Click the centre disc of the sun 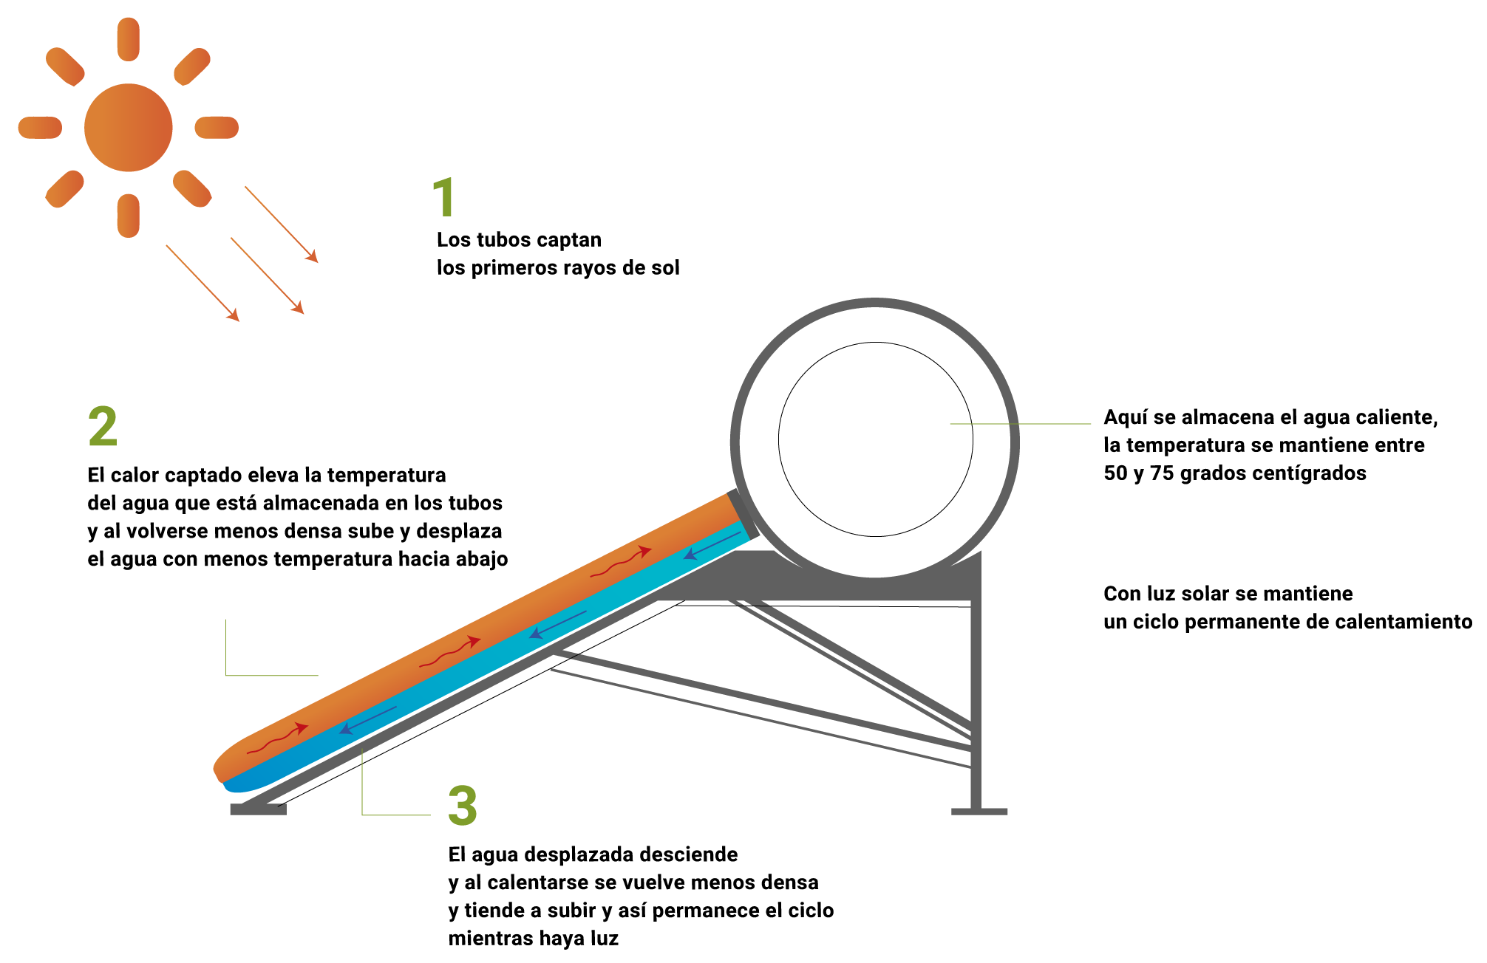coord(128,128)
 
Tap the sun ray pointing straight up coord(128,39)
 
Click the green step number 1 coord(443,197)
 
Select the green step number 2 coord(103,426)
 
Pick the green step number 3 coord(463,805)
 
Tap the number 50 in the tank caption coord(1116,473)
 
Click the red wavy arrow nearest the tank coord(621,563)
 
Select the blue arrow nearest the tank coord(711,545)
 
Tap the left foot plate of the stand coord(258,809)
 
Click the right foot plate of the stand coord(979,812)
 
